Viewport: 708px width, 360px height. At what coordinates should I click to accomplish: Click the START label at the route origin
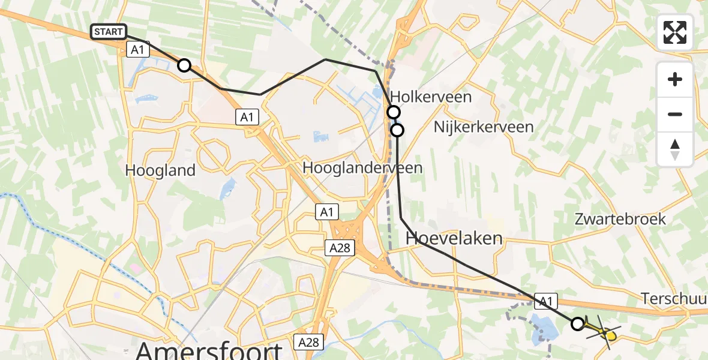(x=109, y=32)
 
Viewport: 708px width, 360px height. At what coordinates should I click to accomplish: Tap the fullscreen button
(x=675, y=32)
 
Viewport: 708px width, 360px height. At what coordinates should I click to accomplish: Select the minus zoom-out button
(x=675, y=114)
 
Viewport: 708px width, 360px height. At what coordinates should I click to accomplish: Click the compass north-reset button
(x=675, y=149)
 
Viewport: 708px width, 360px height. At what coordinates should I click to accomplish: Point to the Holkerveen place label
(x=431, y=97)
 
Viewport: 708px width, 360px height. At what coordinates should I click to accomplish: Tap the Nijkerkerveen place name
(x=484, y=127)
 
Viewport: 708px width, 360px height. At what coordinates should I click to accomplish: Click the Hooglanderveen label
(x=362, y=168)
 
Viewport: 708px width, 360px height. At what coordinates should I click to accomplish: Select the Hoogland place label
(x=160, y=170)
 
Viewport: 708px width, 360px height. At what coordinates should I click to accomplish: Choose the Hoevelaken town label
(x=454, y=238)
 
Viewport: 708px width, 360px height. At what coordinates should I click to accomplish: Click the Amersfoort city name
(x=209, y=349)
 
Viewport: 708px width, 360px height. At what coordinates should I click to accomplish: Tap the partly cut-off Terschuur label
(x=674, y=298)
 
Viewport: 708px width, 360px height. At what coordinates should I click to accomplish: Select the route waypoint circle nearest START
(x=184, y=65)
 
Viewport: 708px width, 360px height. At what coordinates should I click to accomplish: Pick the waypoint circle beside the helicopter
(x=577, y=324)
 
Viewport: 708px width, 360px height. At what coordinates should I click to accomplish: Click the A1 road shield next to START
(x=137, y=50)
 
